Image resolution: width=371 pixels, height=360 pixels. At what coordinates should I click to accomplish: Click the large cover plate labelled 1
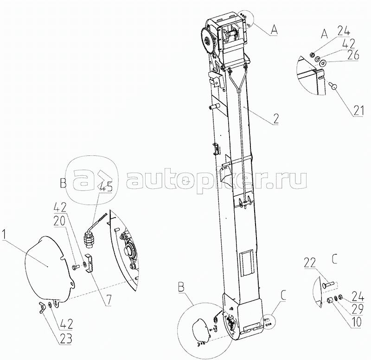coord(44,264)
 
